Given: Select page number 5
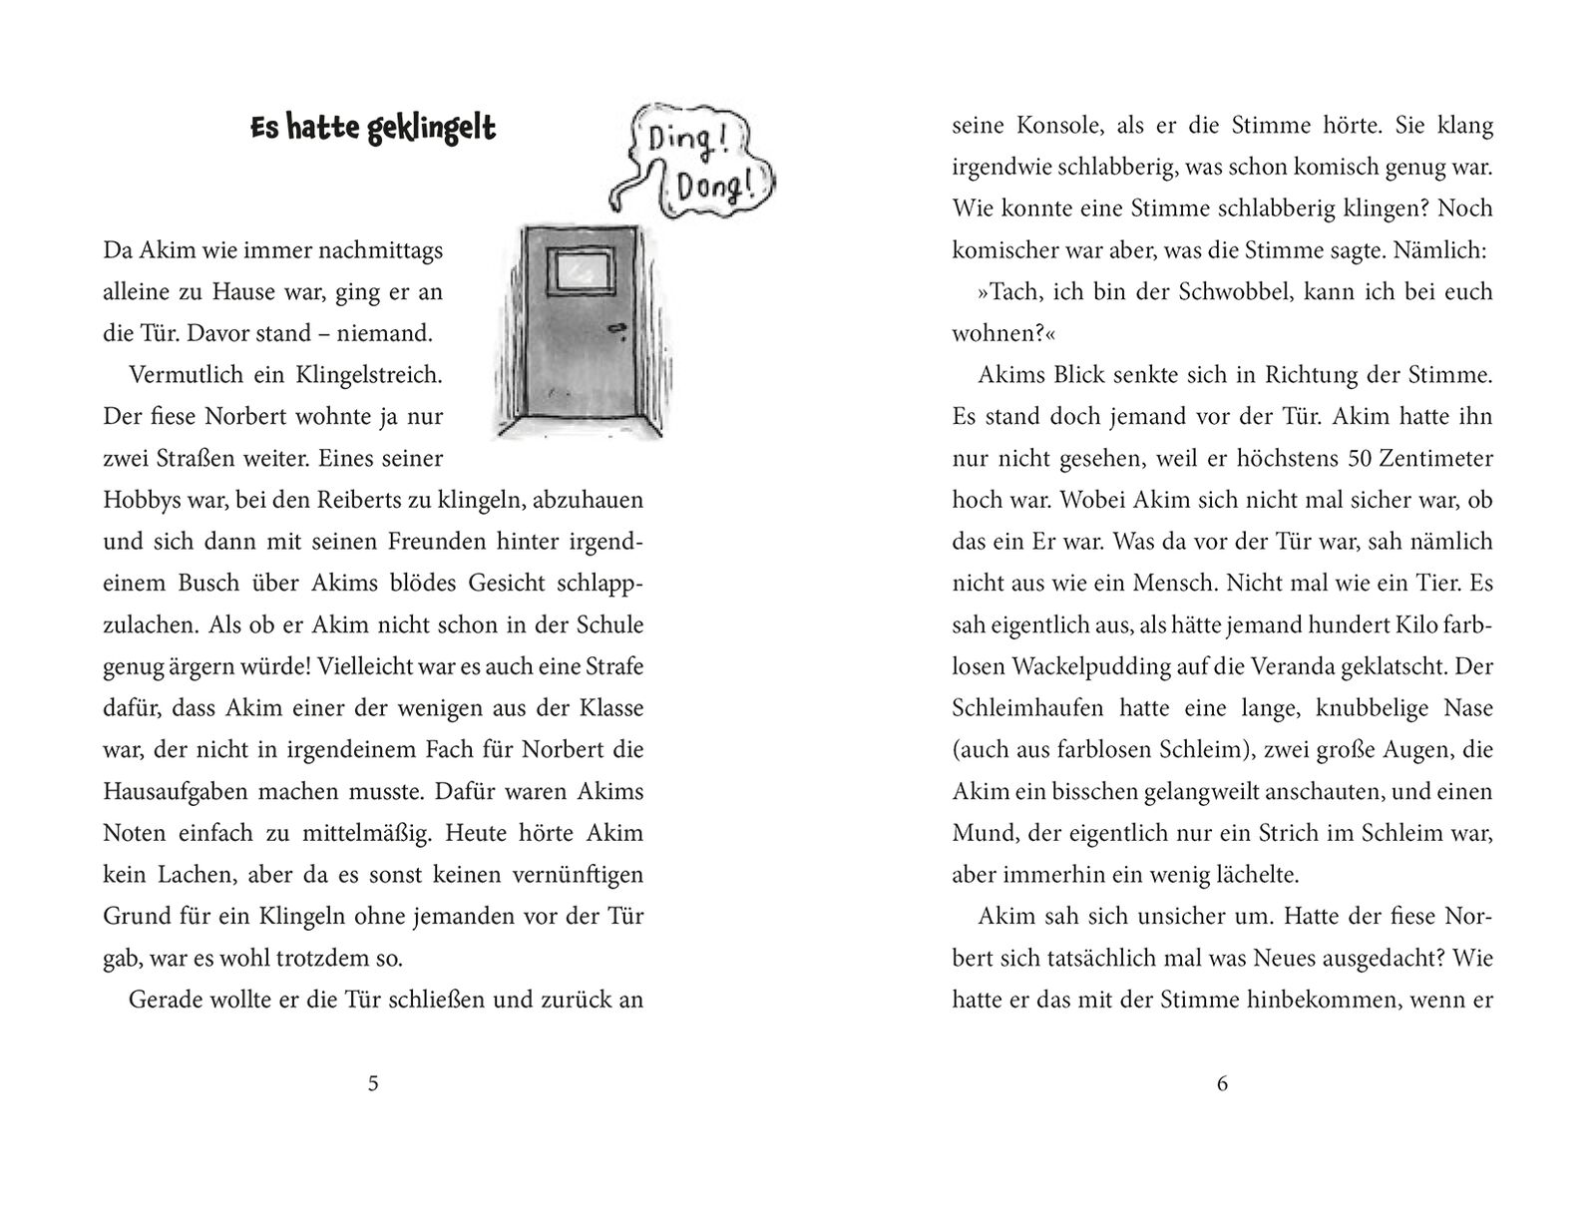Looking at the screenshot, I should click(373, 1084).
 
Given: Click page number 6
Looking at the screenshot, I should click(1222, 1084).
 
